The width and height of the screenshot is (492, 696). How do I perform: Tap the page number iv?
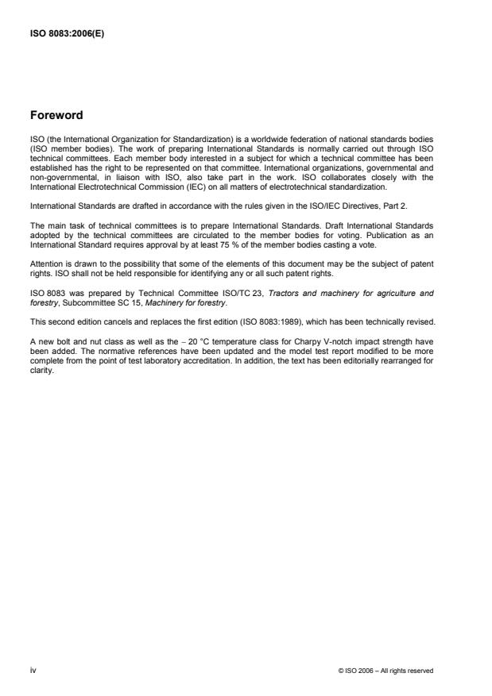[x=33, y=671]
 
